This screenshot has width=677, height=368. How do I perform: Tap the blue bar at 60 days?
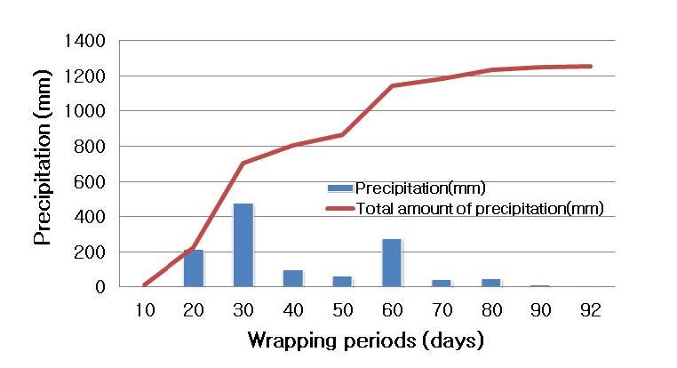click(392, 263)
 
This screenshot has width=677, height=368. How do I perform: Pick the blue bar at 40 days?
click(293, 278)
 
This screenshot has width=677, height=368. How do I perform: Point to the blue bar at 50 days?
click(342, 282)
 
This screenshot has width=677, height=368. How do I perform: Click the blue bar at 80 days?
click(491, 283)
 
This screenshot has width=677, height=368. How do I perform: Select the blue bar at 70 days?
click(442, 284)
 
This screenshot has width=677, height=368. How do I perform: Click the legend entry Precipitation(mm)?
click(406, 188)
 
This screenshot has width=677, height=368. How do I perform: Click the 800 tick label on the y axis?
click(92, 147)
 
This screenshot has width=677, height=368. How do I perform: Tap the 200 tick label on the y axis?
click(92, 252)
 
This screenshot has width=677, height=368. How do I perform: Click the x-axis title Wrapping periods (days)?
click(365, 340)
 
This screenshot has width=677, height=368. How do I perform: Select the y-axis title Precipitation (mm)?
click(42, 164)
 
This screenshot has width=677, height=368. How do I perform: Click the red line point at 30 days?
click(243, 163)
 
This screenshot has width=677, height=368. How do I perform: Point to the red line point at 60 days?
click(392, 85)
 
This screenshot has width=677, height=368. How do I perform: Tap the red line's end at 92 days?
click(591, 66)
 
